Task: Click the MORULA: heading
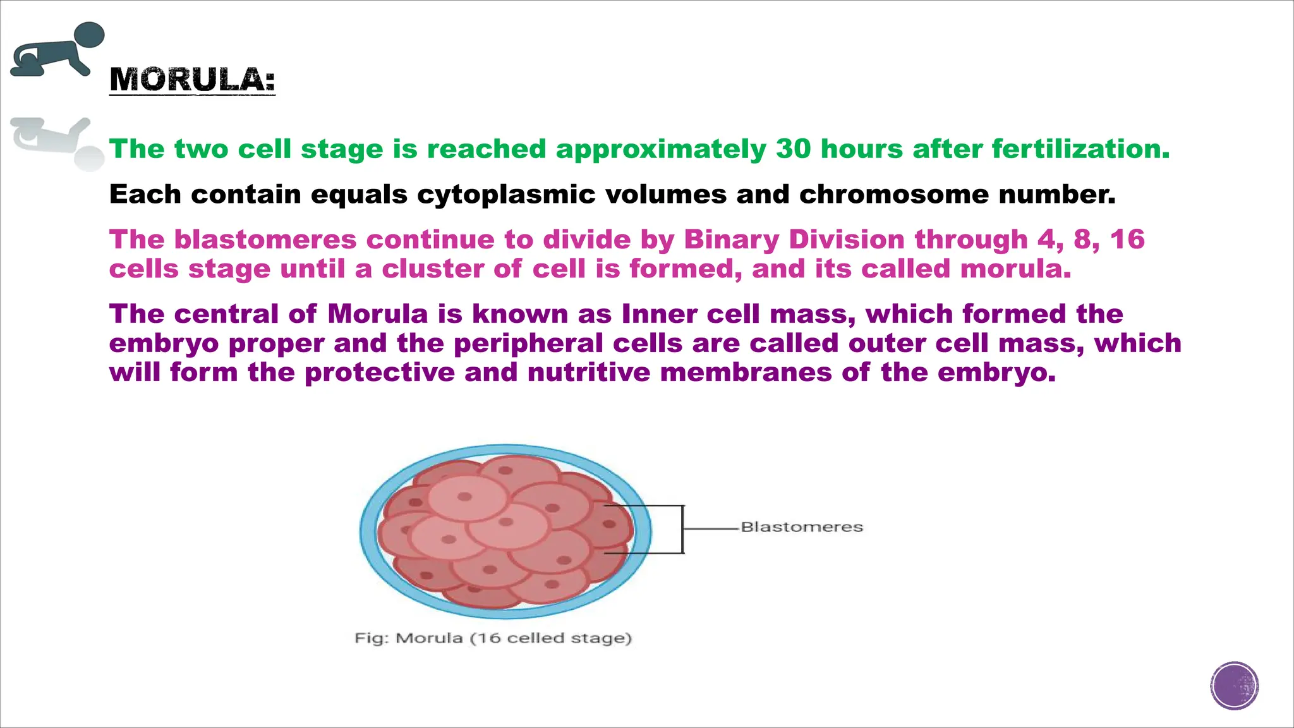[192, 80]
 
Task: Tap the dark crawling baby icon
[58, 51]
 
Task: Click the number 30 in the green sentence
[793, 149]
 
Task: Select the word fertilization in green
[1080, 149]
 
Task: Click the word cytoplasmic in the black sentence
[505, 195]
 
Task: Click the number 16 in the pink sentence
[1127, 240]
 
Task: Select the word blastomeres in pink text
[265, 240]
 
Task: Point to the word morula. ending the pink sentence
[1015, 269]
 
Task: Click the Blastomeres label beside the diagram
[801, 527]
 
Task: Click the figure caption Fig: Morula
[493, 638]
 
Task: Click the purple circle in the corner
[1235, 686]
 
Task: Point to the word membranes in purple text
[746, 373]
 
